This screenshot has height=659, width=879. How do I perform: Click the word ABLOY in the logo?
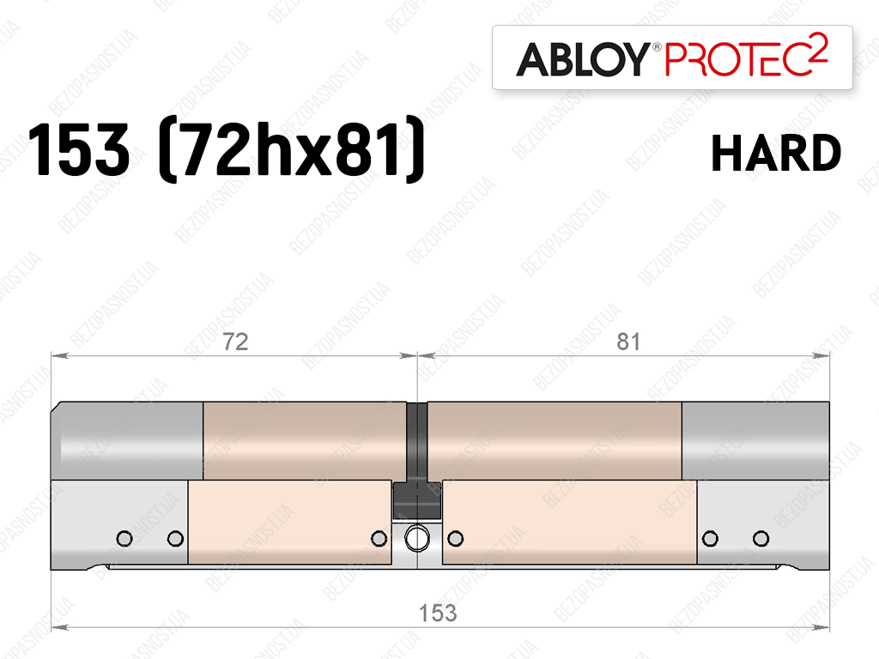tap(583, 59)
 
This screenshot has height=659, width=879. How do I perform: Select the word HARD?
tap(776, 153)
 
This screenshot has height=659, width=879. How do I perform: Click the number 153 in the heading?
tap(78, 150)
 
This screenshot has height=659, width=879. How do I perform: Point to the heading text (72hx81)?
tap(292, 149)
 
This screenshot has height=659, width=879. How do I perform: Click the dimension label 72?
tap(235, 342)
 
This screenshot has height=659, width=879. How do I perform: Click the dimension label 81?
tap(627, 342)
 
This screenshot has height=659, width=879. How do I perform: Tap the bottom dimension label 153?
tap(438, 613)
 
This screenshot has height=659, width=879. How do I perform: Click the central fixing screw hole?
tap(417, 539)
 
